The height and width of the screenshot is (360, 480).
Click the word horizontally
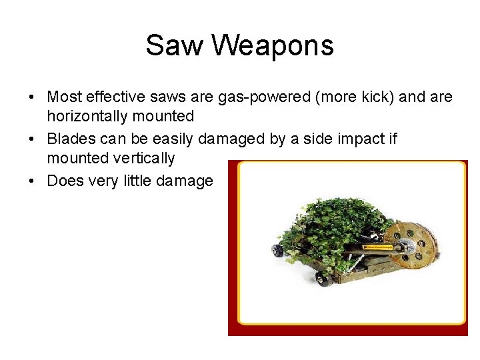(87, 117)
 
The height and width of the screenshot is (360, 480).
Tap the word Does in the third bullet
(65, 181)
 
